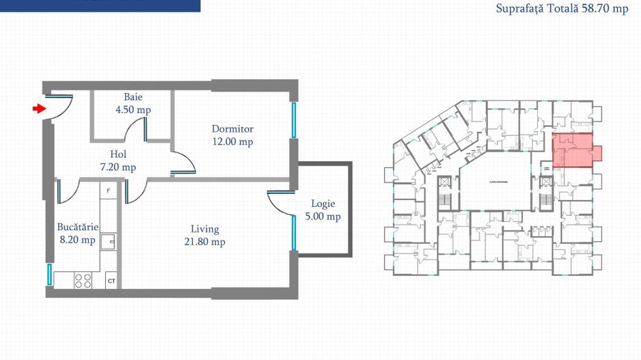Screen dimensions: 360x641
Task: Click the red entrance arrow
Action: click(38, 108)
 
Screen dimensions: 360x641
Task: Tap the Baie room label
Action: click(133, 97)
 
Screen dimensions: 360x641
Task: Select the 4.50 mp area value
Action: click(134, 109)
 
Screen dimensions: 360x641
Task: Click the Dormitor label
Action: click(232, 128)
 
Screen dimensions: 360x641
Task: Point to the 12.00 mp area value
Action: click(232, 141)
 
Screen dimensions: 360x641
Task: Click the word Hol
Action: click(119, 154)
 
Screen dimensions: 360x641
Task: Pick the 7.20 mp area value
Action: click(119, 167)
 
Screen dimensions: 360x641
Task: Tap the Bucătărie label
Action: click(78, 227)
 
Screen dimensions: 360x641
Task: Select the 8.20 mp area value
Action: click(78, 240)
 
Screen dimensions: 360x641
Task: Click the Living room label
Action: click(204, 229)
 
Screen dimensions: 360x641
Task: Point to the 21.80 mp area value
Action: click(204, 242)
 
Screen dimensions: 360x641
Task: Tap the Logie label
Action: click(323, 204)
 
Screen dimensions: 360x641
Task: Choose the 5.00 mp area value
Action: click(323, 217)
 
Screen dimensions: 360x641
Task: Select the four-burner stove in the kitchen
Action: click(83, 280)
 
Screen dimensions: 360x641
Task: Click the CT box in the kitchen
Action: click(111, 281)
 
